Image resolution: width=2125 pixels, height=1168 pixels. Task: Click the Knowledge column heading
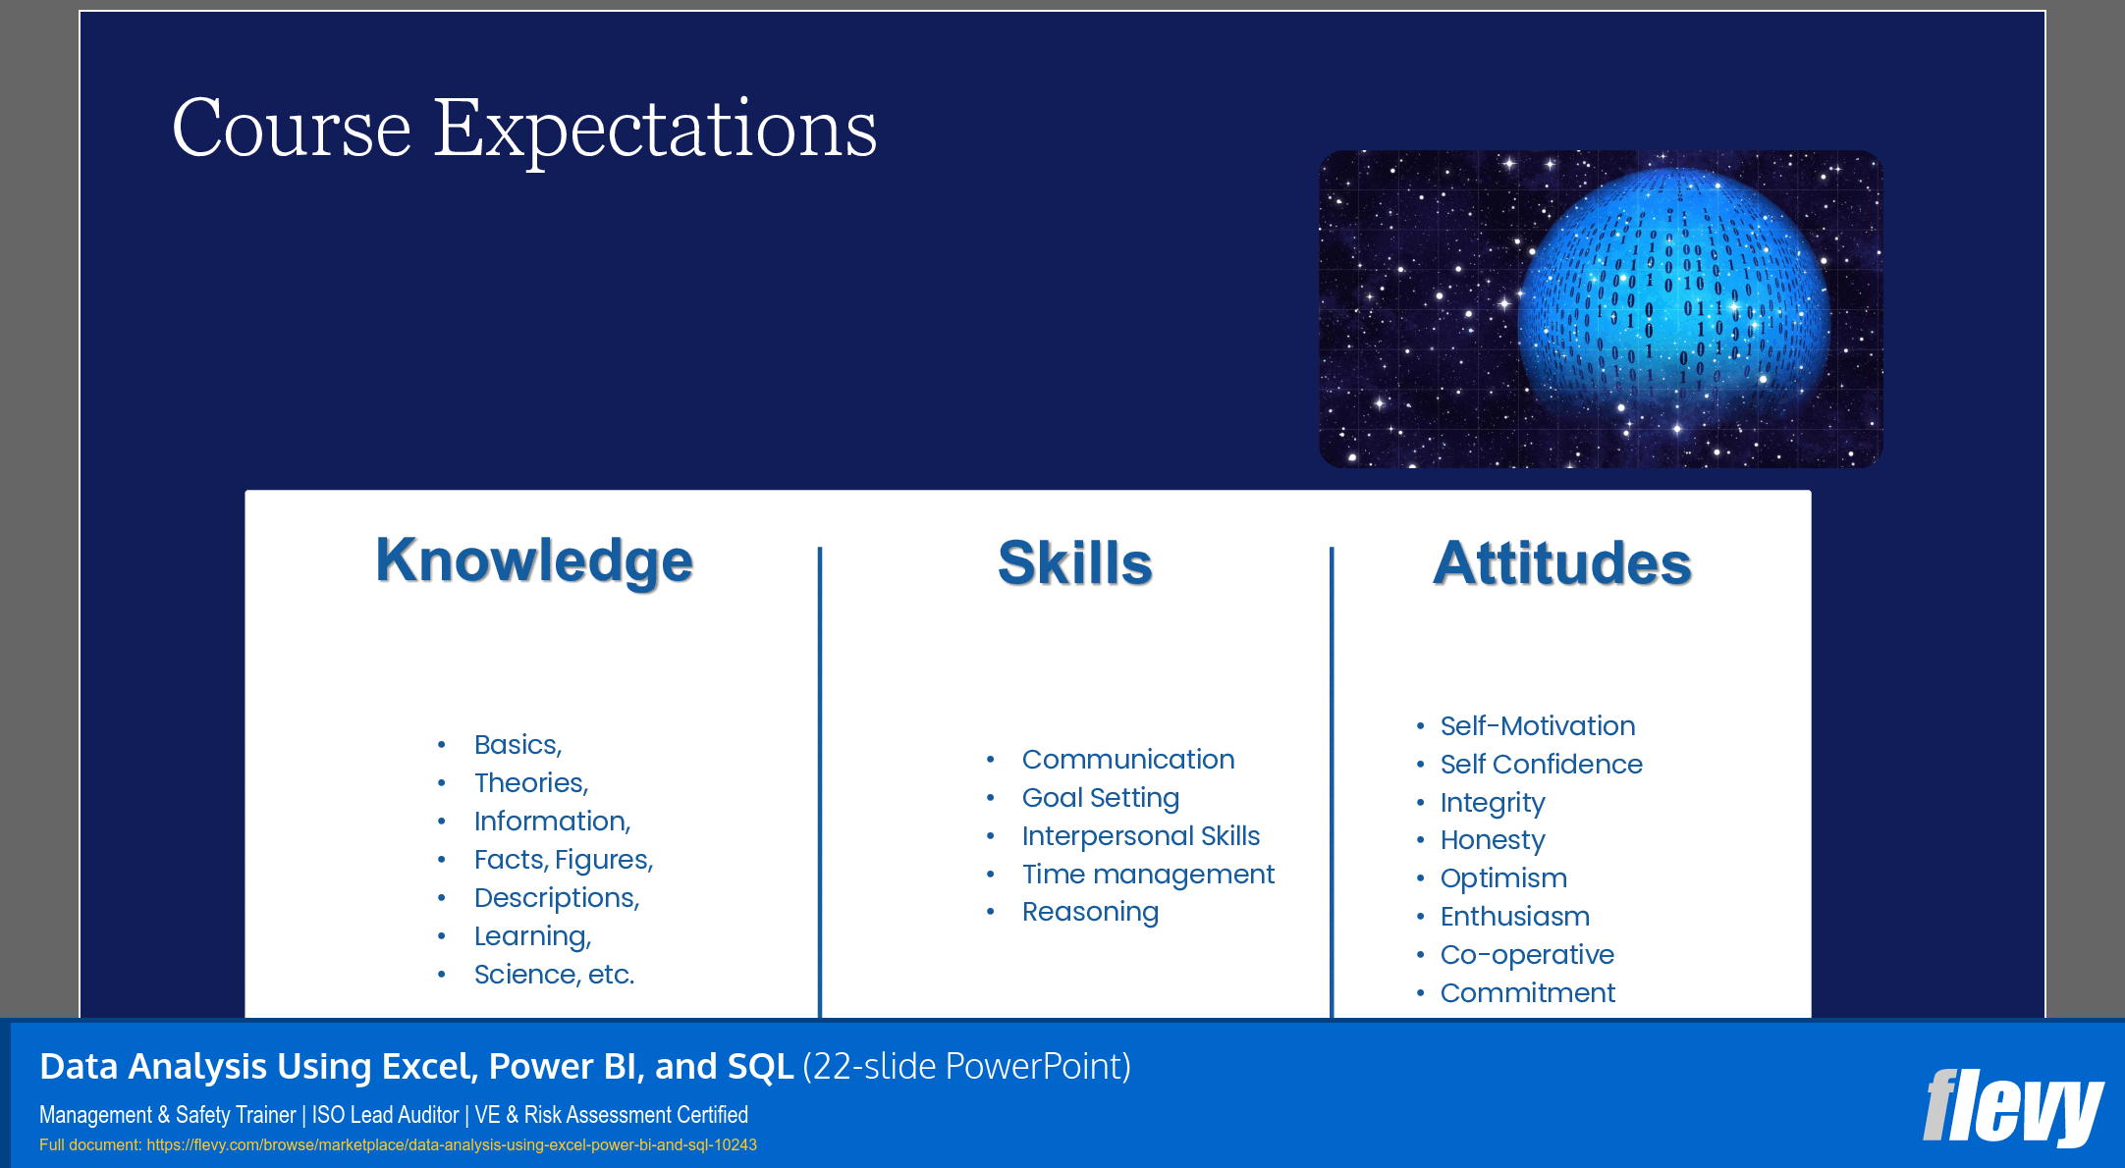tap(534, 560)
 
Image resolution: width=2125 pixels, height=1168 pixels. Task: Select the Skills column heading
tap(1074, 563)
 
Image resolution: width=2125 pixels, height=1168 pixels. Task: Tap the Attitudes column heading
tap(1561, 563)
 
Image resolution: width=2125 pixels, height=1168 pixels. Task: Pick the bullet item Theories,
tap(531, 783)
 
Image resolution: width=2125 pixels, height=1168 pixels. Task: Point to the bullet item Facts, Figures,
tap(563, 860)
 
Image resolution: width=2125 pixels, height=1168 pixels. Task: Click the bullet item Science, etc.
tap(554, 975)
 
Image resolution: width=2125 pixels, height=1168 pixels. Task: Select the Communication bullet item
tap(1127, 760)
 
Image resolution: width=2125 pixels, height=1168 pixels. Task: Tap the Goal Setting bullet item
tap(1100, 798)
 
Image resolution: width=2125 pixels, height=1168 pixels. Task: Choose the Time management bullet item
tap(1147, 875)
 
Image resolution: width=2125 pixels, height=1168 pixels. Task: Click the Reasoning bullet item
tap(1090, 912)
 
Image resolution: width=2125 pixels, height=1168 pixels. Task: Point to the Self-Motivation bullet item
tap(1537, 726)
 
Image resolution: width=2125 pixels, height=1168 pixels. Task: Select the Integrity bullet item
tap(1492, 803)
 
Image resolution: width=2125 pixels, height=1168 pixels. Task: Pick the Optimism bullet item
tap(1502, 878)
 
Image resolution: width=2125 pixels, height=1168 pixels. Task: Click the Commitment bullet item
tap(1527, 993)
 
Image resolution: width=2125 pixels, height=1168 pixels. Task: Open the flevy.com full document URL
tap(452, 1145)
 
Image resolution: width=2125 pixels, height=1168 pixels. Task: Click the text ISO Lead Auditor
tap(385, 1115)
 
